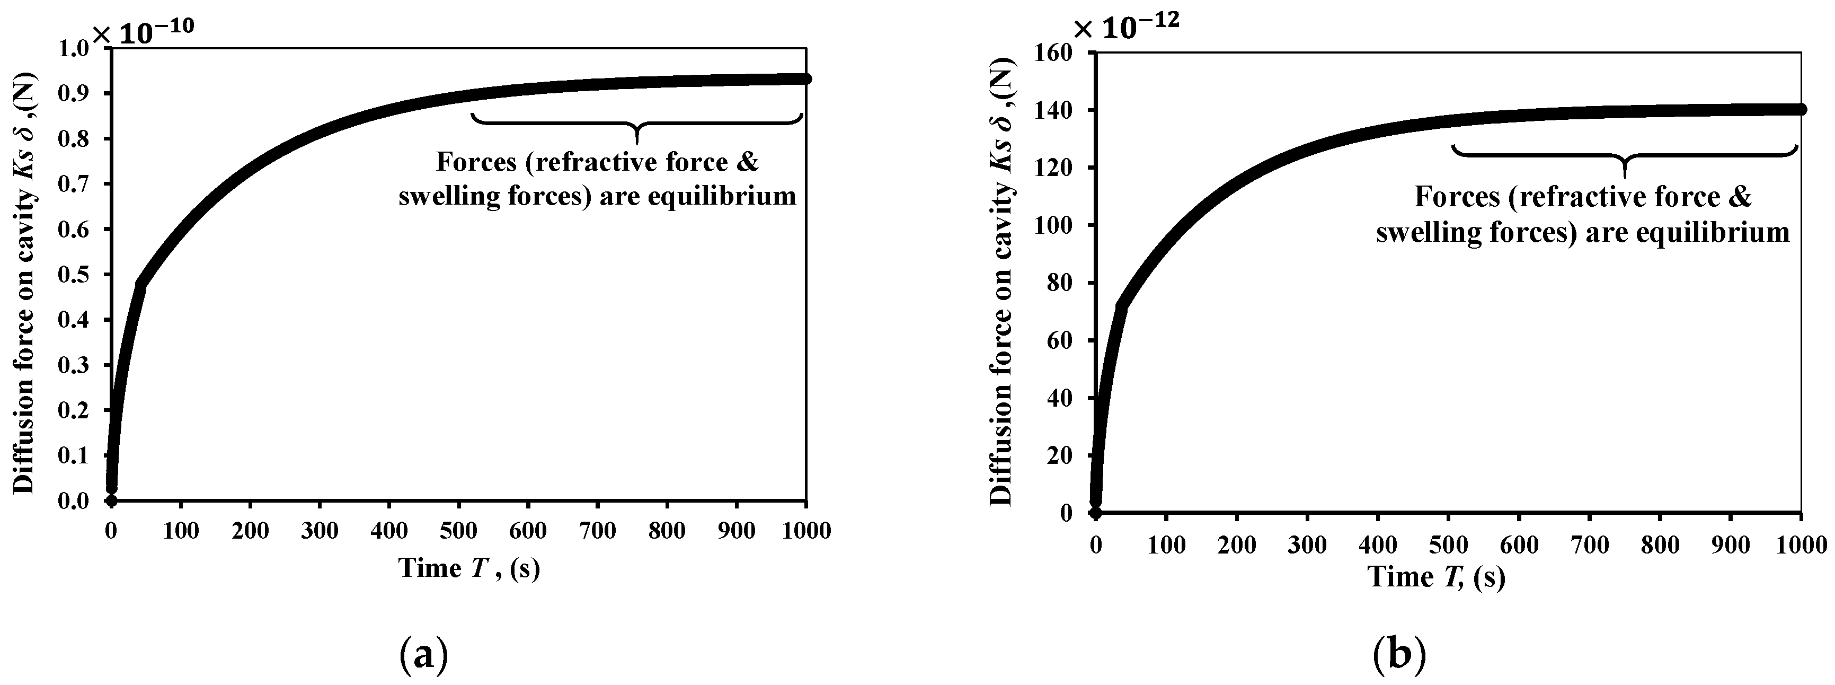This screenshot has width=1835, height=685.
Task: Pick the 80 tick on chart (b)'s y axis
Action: (x=1061, y=283)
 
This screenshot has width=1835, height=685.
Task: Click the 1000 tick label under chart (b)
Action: (x=1801, y=545)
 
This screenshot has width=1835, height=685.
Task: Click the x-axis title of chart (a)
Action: (x=469, y=568)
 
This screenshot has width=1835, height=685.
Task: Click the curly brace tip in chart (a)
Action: (x=637, y=143)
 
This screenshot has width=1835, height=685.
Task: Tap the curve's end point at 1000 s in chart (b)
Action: (x=1801, y=109)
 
